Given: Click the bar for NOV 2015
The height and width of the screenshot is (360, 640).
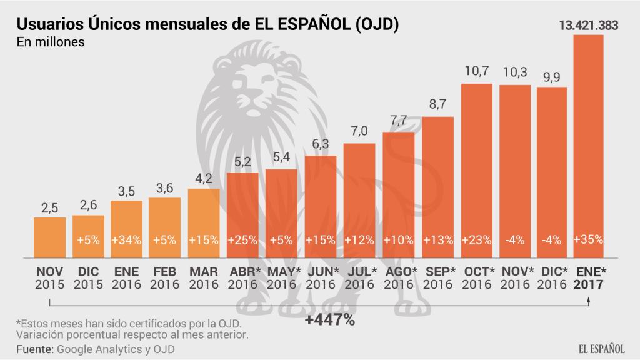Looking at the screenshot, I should tap(49, 237).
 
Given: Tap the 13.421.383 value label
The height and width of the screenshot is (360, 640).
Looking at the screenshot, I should tap(588, 25).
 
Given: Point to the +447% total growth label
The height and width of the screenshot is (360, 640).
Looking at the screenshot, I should tap(330, 321).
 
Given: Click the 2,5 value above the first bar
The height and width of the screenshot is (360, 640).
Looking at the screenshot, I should tap(49, 206).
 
